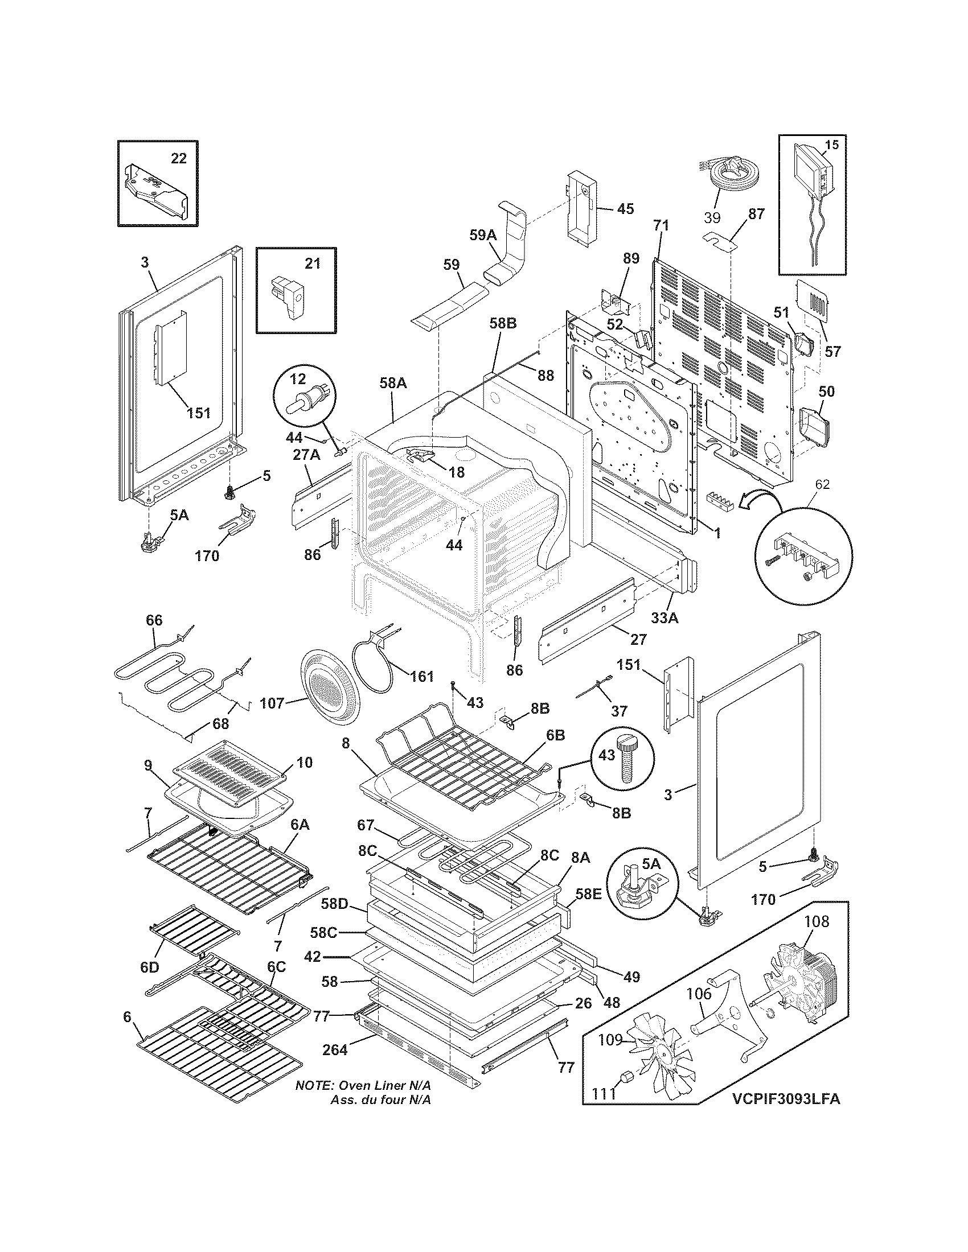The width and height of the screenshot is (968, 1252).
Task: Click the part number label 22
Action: point(179,158)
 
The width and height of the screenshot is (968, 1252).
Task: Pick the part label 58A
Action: point(393,383)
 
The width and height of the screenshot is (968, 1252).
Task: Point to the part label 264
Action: point(335,1049)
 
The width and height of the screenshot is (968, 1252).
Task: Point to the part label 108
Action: point(817,921)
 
